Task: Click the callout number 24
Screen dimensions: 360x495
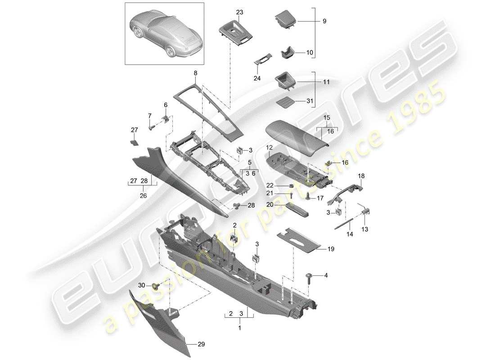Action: pos(257,78)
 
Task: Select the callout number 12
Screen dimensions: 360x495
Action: pos(269,147)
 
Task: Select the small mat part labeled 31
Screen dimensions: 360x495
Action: pos(282,101)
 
